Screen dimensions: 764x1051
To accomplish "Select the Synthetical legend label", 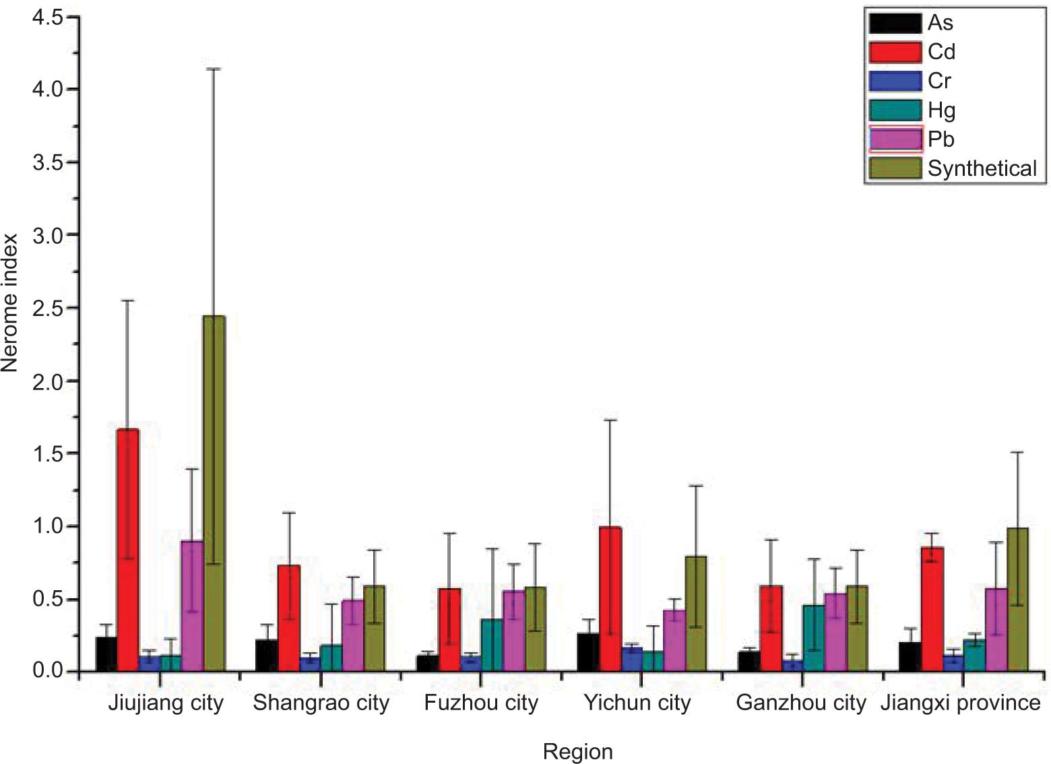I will click(982, 168).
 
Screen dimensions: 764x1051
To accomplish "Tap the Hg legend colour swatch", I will click(895, 110).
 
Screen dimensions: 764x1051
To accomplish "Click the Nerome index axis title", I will click(9, 302).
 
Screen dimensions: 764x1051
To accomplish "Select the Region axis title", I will click(577, 751).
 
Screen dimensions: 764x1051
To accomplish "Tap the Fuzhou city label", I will click(481, 703).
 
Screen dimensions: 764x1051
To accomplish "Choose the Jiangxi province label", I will click(960, 703).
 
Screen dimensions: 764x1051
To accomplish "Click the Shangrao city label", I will click(321, 703).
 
